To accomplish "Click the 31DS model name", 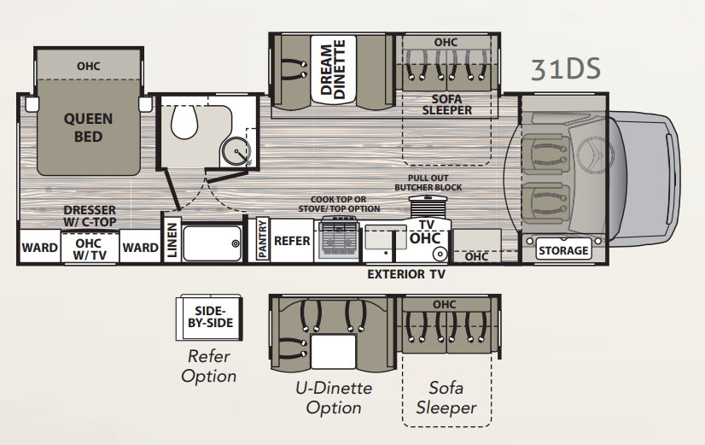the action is point(566,69).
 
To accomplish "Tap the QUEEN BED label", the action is point(88,128).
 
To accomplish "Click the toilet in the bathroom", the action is point(184,121).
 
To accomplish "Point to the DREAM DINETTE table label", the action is point(333,69).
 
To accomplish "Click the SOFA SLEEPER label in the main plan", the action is point(447,105).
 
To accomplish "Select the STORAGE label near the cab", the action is point(563,250).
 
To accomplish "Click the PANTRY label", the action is point(263,239).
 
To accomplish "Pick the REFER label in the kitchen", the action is point(292,241).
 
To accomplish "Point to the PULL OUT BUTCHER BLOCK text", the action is point(428,183).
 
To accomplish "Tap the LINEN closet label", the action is point(172,241).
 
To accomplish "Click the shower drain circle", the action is point(236,243).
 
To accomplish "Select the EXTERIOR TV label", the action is point(406,274).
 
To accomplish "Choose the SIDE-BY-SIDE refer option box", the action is point(210,317).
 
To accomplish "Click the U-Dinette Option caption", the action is point(334,397).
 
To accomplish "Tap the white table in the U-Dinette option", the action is point(334,352).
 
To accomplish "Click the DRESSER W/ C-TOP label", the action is point(90,216).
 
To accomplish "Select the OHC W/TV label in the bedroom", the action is point(89,249).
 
